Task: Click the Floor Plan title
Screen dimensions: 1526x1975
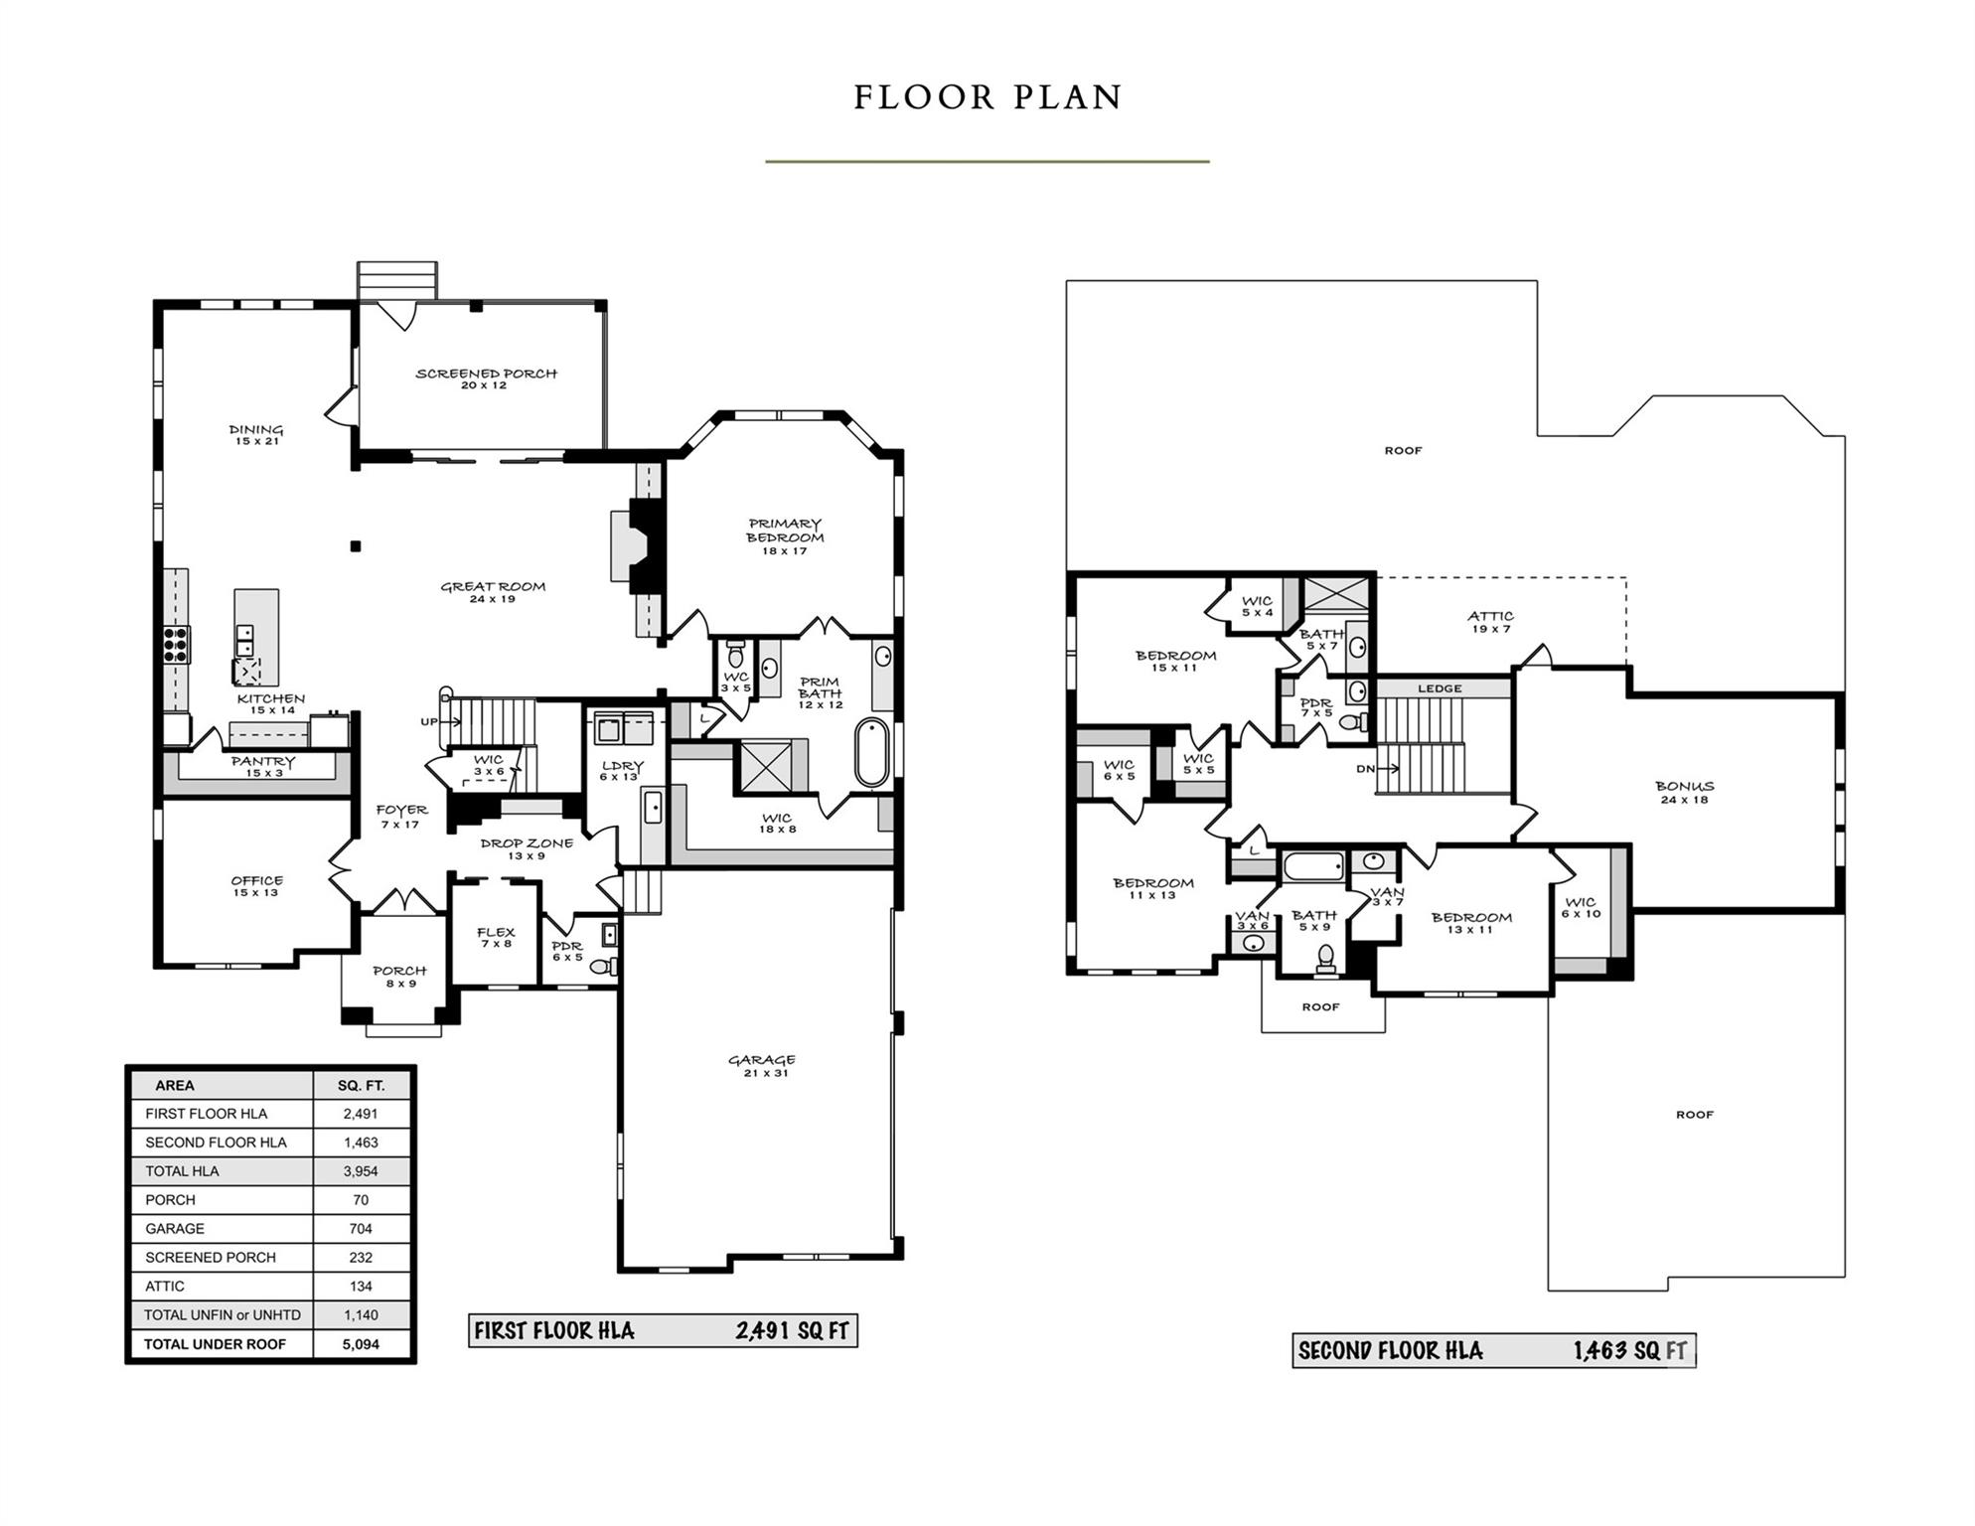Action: click(987, 97)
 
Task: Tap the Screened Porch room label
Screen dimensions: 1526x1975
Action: click(486, 379)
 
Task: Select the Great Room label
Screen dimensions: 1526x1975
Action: click(493, 592)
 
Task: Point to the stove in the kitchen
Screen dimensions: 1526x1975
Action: click(176, 645)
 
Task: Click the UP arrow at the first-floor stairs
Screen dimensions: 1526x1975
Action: click(442, 721)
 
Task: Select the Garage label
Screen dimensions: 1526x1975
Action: click(762, 1066)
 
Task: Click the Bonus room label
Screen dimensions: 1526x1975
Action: click(1684, 792)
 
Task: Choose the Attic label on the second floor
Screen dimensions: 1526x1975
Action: click(1490, 622)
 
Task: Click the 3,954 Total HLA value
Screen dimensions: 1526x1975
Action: click(361, 1171)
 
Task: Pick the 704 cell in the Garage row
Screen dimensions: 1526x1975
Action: click(361, 1229)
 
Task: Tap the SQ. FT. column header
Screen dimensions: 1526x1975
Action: click(361, 1086)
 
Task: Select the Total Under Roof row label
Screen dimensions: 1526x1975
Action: click(215, 1344)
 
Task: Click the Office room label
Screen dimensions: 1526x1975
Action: click(256, 886)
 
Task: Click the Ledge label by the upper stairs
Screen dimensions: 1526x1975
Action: click(1440, 688)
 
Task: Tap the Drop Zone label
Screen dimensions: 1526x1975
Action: click(527, 848)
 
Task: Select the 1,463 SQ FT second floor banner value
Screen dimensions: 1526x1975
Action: click(1629, 1351)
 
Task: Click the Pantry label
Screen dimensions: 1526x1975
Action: click(263, 766)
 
